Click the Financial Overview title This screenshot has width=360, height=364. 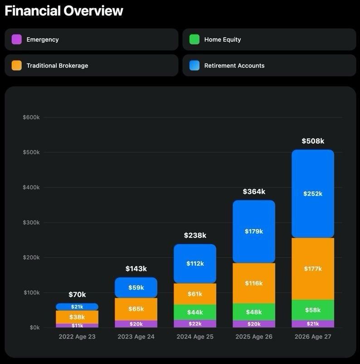click(x=64, y=11)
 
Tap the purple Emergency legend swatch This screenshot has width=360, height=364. click(x=17, y=39)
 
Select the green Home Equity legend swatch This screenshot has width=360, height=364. click(x=195, y=39)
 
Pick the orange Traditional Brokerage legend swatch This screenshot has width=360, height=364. click(x=17, y=65)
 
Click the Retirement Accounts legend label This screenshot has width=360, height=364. click(x=234, y=66)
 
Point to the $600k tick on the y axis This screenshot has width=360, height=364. click(x=31, y=117)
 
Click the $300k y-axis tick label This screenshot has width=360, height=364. click(x=31, y=222)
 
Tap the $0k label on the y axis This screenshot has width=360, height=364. click(x=34, y=328)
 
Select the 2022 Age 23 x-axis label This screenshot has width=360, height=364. click(x=77, y=337)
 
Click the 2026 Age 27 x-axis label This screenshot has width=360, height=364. click(x=313, y=337)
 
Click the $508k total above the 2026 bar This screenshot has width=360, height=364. click(x=313, y=141)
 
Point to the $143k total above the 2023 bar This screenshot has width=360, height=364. click(x=136, y=269)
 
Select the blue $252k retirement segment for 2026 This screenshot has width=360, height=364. click(x=313, y=194)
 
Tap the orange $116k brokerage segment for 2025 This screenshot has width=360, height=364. click(x=254, y=283)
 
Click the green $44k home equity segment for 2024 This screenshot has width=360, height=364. click(x=195, y=312)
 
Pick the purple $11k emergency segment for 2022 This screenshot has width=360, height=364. click(x=77, y=325)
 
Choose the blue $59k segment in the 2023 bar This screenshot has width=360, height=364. click(x=136, y=288)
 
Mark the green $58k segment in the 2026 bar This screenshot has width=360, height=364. click(x=313, y=310)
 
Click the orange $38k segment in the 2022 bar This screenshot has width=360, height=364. click(x=77, y=317)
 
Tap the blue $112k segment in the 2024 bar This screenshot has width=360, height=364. click(x=195, y=264)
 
